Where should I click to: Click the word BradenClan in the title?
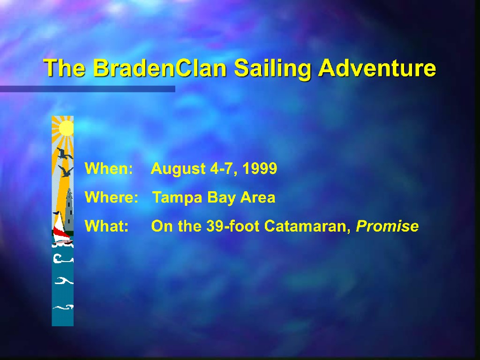(x=160, y=67)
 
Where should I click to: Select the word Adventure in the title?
(x=377, y=67)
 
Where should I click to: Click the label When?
(x=109, y=168)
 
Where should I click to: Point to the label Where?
(x=112, y=197)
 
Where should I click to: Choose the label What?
(x=106, y=226)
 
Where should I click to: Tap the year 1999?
(x=260, y=168)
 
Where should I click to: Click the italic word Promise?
(x=387, y=226)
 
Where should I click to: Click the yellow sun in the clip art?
(x=66, y=128)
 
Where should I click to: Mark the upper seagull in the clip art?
(x=64, y=153)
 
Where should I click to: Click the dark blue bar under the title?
(x=88, y=89)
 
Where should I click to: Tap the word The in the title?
(x=64, y=67)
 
